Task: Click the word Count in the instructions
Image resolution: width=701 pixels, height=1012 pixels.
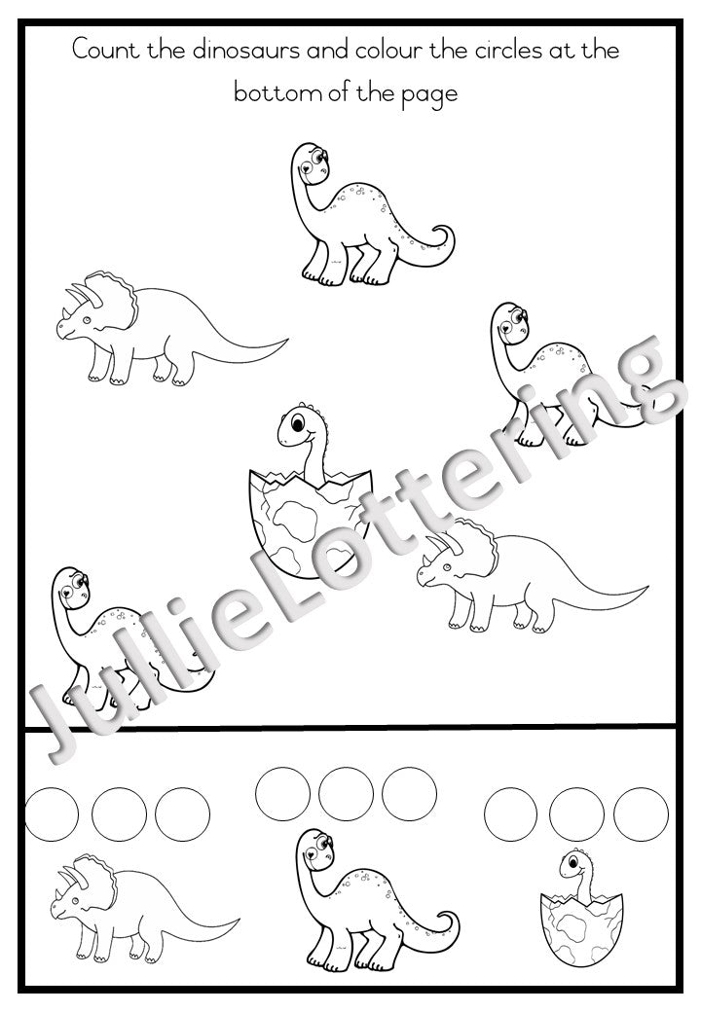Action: pos(105,50)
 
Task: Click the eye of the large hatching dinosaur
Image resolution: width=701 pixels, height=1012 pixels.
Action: pos(298,423)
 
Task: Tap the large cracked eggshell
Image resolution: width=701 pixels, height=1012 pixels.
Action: pos(309,523)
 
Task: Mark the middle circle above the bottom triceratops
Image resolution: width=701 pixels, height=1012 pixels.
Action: pos(119,813)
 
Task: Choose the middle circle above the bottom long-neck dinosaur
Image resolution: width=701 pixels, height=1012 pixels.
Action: pos(346,794)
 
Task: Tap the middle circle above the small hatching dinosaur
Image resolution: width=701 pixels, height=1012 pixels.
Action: pos(576,813)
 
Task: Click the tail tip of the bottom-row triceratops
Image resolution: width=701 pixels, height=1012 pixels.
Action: pos(239,920)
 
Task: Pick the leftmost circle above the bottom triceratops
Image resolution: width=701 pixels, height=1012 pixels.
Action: pos(51,813)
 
